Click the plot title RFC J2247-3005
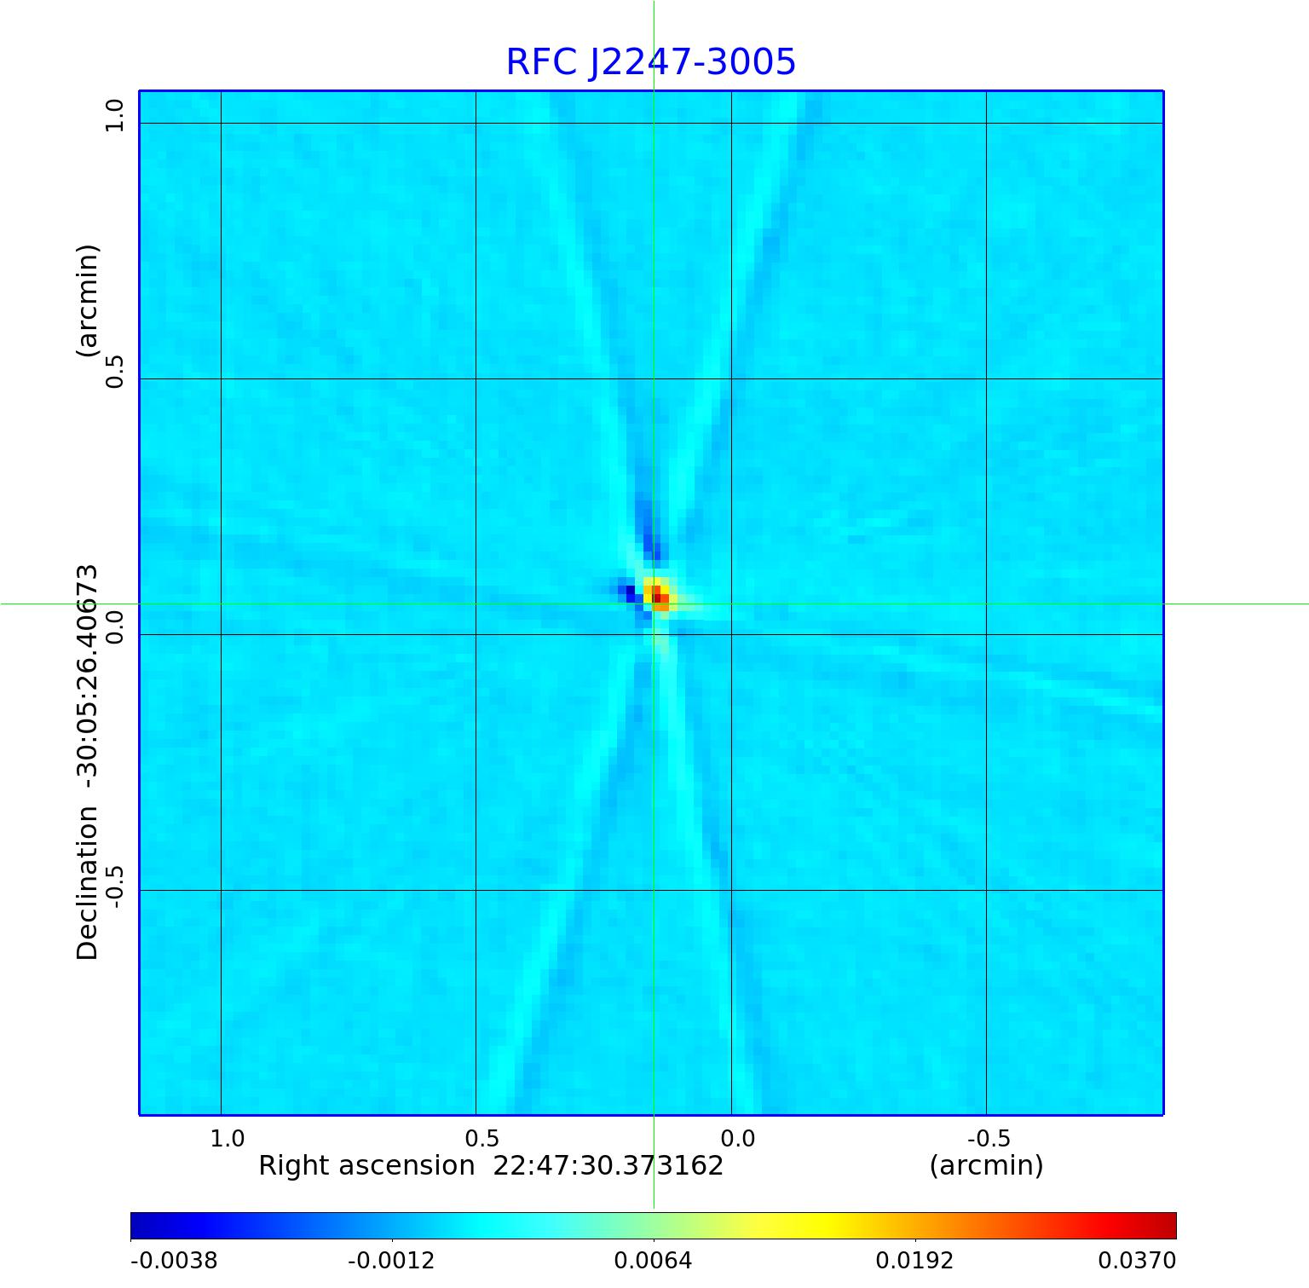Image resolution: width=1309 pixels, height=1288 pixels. (x=651, y=62)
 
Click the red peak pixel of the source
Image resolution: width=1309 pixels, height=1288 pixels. (x=660, y=598)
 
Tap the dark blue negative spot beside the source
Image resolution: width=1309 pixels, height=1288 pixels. (x=630, y=591)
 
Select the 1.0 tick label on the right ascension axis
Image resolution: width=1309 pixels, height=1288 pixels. (x=228, y=1139)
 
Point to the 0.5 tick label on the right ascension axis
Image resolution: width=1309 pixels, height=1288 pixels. (x=482, y=1139)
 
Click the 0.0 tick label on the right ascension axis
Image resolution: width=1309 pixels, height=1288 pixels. (x=737, y=1139)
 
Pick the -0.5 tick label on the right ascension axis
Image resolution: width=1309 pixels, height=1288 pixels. (x=989, y=1139)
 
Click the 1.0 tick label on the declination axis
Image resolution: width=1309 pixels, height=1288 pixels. (x=114, y=115)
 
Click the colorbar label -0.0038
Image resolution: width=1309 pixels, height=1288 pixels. (x=174, y=1261)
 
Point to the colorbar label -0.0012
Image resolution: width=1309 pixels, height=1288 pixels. (x=391, y=1261)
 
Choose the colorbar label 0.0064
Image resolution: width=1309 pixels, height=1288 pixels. (x=654, y=1261)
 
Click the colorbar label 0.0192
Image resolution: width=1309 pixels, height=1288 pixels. (x=915, y=1261)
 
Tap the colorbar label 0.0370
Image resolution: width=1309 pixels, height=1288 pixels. (x=1136, y=1261)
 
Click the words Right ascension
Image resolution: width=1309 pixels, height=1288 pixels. (x=366, y=1166)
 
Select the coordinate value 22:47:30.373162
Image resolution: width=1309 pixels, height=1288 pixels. (x=608, y=1166)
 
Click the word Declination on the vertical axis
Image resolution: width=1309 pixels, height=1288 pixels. (x=88, y=883)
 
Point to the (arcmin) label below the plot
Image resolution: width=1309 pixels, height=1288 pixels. (x=986, y=1166)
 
